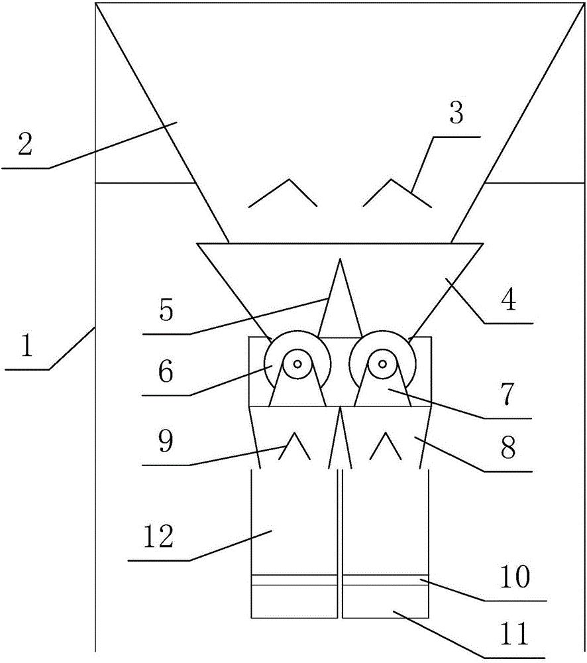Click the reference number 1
(26, 347)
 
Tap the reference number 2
(25, 145)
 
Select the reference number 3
(456, 113)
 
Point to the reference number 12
(157, 536)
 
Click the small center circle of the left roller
(297, 363)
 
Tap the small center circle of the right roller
(382, 363)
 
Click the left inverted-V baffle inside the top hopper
(284, 193)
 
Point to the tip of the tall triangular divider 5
(340, 261)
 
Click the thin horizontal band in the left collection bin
(294, 580)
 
